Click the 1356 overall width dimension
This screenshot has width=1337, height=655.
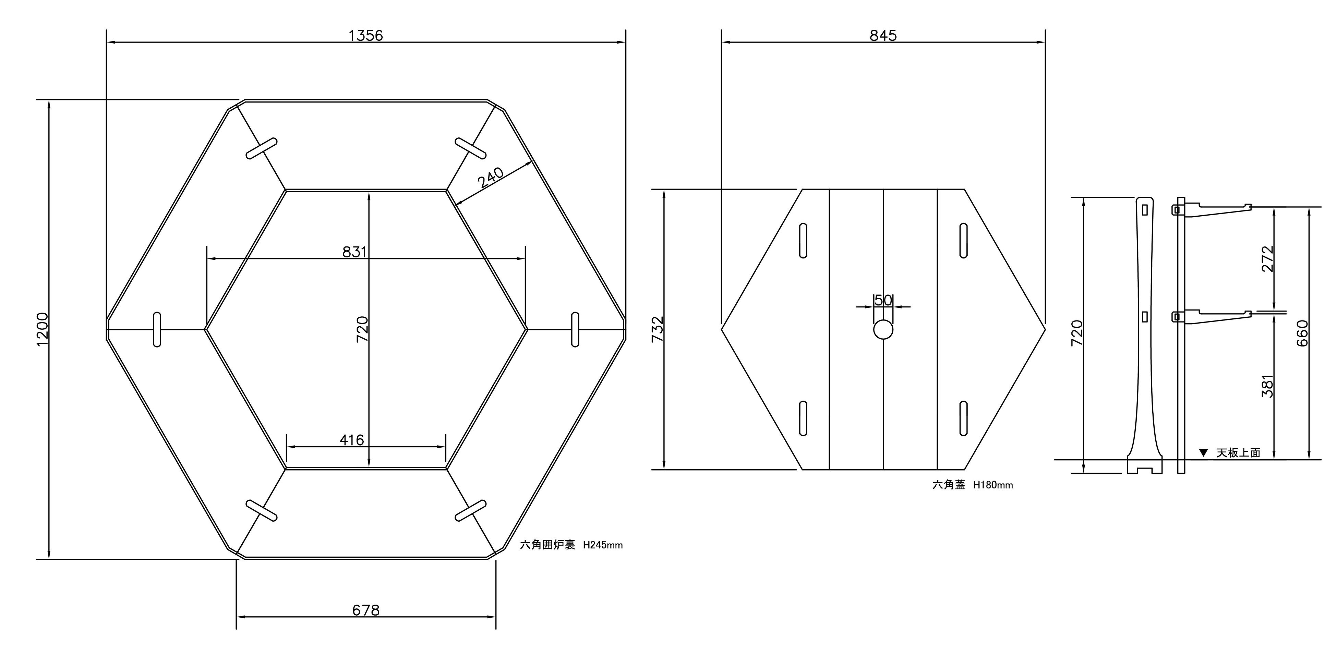pyautogui.click(x=365, y=35)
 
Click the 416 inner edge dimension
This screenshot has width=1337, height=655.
pyautogui.click(x=351, y=440)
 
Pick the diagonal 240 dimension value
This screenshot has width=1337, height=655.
pyautogui.click(x=491, y=178)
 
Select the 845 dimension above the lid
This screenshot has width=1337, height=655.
pyautogui.click(x=883, y=35)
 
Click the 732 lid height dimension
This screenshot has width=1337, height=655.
pyautogui.click(x=658, y=329)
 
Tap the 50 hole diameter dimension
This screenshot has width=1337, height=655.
pyautogui.click(x=883, y=300)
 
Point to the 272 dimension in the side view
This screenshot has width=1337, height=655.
pyautogui.click(x=1267, y=258)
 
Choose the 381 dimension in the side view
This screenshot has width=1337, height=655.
pyautogui.click(x=1267, y=386)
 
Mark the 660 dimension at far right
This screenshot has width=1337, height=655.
pyautogui.click(x=1302, y=333)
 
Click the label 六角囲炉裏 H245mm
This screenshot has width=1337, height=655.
pyautogui.click(x=571, y=545)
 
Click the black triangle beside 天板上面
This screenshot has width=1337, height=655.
pyautogui.click(x=1203, y=452)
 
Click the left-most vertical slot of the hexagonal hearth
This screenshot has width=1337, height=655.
pyautogui.click(x=157, y=329)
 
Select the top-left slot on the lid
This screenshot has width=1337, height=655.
pyautogui.click(x=803, y=240)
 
